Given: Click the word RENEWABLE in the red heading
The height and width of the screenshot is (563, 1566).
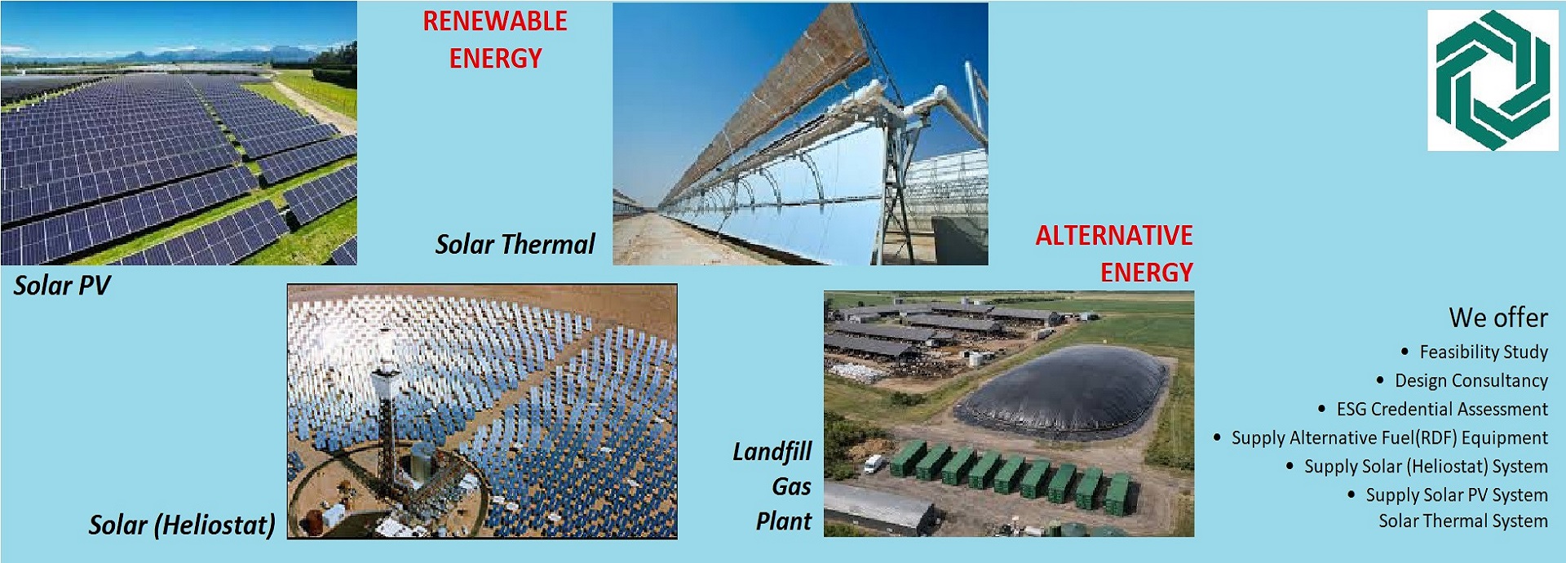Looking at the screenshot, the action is tap(494, 21).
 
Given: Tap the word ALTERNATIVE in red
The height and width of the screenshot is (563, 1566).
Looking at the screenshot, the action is tap(1114, 236).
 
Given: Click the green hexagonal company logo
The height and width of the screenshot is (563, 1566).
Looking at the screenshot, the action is tap(1493, 80).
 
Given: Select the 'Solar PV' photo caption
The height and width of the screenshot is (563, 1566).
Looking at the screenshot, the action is tap(62, 286).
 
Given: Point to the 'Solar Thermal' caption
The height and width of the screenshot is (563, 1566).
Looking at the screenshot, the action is tap(515, 244).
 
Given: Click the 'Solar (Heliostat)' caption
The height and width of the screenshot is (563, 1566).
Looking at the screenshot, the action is tap(182, 525).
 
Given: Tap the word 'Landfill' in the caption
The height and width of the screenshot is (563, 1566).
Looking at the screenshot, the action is tap(772, 451).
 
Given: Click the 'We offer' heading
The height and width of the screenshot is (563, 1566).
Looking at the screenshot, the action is tap(1498, 317).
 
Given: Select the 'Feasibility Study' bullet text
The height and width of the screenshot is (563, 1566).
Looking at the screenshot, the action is tap(1484, 352).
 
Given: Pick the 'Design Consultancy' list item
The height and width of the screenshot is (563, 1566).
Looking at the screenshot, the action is tap(1471, 380).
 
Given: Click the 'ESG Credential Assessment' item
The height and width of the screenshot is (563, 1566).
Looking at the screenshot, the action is tap(1442, 409).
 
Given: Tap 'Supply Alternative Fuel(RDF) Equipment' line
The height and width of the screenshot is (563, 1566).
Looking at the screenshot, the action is tap(1389, 438).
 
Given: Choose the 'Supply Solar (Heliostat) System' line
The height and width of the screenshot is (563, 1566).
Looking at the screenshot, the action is tap(1426, 467).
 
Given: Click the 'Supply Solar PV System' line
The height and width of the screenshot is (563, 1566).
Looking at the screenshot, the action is tap(1457, 495).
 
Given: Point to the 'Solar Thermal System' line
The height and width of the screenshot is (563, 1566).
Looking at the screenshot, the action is tap(1463, 521).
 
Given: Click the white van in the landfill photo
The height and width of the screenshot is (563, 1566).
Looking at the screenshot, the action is tap(874, 463).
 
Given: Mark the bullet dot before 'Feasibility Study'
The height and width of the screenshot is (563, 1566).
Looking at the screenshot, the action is tap(1405, 352).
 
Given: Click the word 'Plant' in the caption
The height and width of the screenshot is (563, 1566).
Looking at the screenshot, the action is tap(783, 521).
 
